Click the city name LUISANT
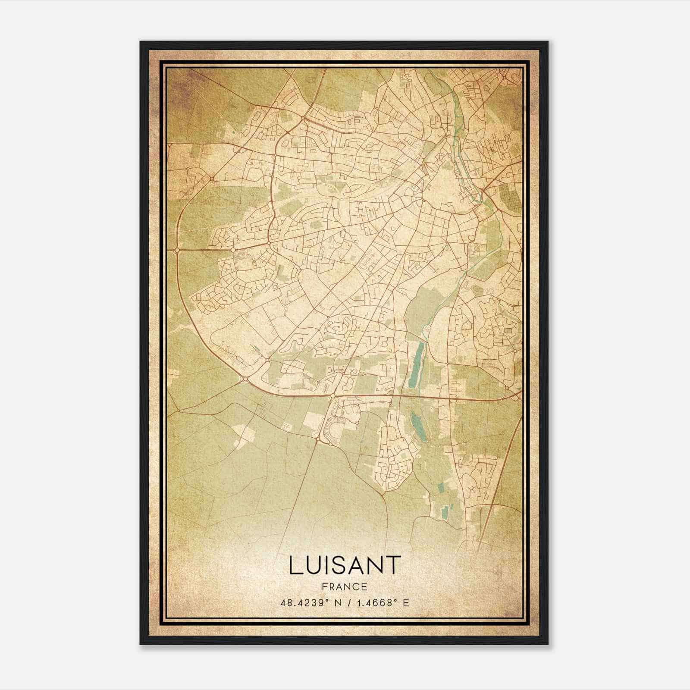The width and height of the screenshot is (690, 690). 345,565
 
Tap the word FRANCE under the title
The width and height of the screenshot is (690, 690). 345,587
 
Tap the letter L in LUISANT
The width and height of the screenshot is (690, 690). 295,565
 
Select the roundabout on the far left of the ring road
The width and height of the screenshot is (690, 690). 177,250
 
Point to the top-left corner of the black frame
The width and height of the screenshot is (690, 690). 141,42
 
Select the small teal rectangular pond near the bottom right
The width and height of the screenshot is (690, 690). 444,512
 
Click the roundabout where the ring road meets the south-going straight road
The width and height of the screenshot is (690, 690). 332,395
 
